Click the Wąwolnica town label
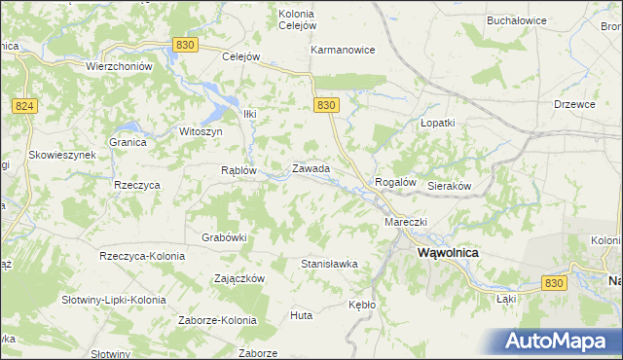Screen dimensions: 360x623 tap(449, 252)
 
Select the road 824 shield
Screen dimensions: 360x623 tap(25, 105)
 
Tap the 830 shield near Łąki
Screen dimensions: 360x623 tap(555, 282)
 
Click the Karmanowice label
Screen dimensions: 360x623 tap(343, 50)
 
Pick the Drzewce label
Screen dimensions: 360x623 tap(574, 103)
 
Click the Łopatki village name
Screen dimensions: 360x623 tap(437, 124)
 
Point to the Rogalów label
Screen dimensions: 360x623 tap(395, 182)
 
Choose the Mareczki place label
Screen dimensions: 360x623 tap(406, 222)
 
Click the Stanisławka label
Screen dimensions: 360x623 tap(330, 264)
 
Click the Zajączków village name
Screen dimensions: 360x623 tap(239, 277)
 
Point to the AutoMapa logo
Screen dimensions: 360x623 tap(562, 341)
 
